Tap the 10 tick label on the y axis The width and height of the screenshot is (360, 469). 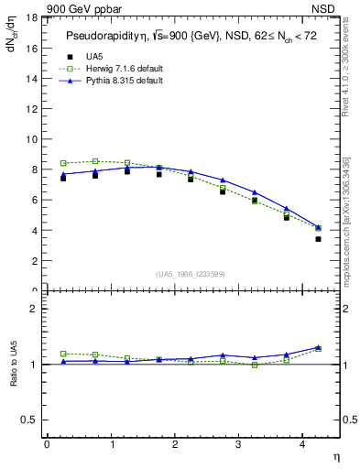[x=31, y=139]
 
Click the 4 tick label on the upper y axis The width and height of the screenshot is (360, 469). [x=34, y=230]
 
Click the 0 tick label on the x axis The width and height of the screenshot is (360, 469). [x=47, y=444]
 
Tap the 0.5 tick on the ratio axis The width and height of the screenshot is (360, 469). [x=29, y=420]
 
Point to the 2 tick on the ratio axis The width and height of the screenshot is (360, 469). [x=34, y=309]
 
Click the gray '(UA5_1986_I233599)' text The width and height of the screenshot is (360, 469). [x=191, y=275]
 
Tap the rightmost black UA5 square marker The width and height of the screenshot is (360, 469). [x=318, y=239]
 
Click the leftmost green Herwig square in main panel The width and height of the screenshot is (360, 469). [x=63, y=163]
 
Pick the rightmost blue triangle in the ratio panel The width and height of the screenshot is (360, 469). [x=318, y=347]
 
